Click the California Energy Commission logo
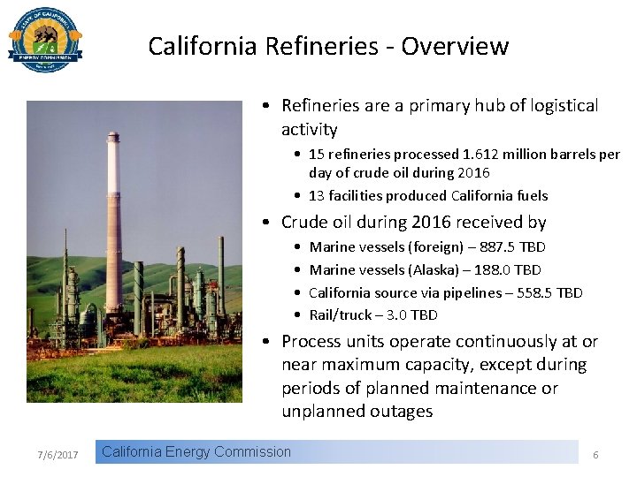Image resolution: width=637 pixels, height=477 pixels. coord(45,40)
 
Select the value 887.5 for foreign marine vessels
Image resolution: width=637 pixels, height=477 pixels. coord(495,247)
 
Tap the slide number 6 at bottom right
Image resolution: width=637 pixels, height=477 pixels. coord(595,455)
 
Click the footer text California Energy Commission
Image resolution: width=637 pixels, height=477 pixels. coord(196,452)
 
